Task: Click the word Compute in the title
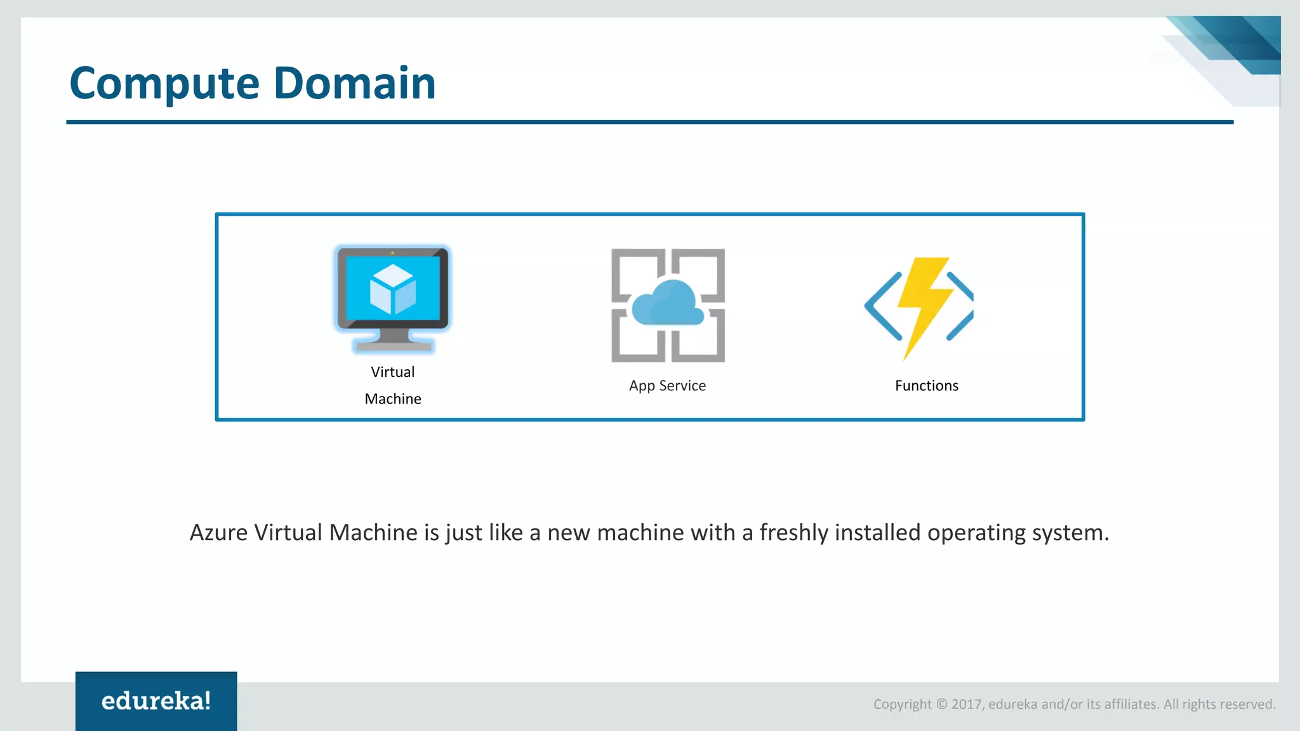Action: [x=164, y=84]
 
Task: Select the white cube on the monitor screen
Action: [x=393, y=289]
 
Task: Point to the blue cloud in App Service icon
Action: [x=668, y=303]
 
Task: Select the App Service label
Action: [x=667, y=386]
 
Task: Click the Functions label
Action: [x=926, y=386]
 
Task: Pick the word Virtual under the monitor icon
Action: [x=393, y=372]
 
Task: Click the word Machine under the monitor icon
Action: [x=393, y=399]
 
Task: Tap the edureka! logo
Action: [x=156, y=701]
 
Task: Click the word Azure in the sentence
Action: [x=218, y=532]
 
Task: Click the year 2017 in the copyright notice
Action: [x=966, y=704]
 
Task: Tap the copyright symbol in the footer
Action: [x=941, y=704]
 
